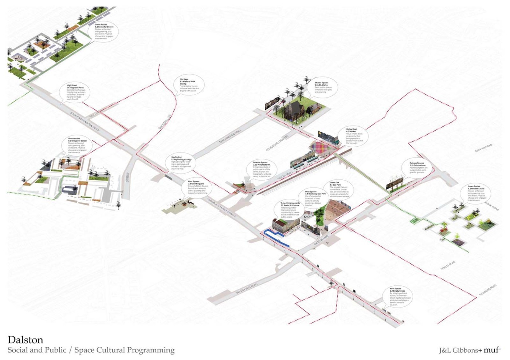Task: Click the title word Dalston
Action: tap(25, 340)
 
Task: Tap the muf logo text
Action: tap(491, 349)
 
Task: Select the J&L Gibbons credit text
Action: tap(458, 350)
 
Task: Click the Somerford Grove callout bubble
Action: tap(104, 32)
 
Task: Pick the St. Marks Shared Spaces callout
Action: tap(323, 88)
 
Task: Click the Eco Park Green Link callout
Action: tap(339, 189)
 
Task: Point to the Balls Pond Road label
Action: tap(246, 288)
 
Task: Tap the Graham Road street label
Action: tap(484, 148)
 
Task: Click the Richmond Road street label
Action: tap(488, 290)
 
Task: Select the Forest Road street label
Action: tap(448, 265)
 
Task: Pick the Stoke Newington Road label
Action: tap(85, 122)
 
